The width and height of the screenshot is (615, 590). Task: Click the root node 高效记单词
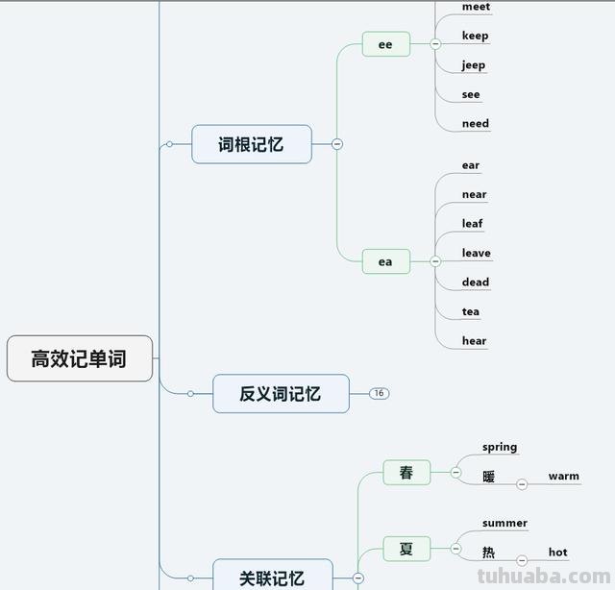tap(80, 359)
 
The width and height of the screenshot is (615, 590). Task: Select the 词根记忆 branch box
tap(252, 144)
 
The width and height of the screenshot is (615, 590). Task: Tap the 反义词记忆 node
tap(281, 393)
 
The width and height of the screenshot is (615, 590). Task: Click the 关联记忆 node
tap(272, 577)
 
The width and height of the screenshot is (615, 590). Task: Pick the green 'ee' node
tap(385, 44)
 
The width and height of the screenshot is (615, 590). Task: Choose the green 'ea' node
tap(385, 261)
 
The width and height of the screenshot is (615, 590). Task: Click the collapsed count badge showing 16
tap(379, 393)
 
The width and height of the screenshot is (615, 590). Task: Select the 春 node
tap(406, 473)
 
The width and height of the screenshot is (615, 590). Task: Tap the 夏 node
tap(406, 549)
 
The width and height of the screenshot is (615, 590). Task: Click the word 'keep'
tap(475, 36)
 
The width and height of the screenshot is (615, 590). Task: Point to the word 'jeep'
tap(474, 65)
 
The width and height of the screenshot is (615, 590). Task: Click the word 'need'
tap(475, 123)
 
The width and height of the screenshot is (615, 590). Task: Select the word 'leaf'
tap(472, 223)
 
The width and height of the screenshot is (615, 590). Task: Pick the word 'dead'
tap(475, 282)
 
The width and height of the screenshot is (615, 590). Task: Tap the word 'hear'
tap(474, 340)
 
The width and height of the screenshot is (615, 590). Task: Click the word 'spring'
tap(500, 447)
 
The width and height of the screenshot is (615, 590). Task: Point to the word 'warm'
tap(563, 476)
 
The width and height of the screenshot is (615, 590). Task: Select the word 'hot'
tap(557, 552)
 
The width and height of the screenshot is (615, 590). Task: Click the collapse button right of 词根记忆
tap(337, 144)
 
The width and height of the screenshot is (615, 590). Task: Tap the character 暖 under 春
tap(489, 477)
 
